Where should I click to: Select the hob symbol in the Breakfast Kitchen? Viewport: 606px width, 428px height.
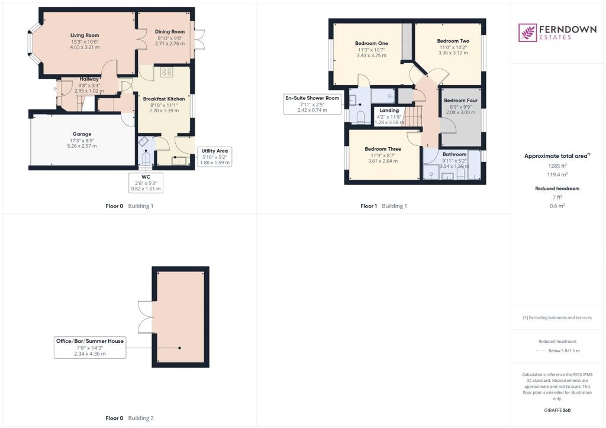tap(166, 73)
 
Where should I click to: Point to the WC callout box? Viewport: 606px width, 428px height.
tap(146, 182)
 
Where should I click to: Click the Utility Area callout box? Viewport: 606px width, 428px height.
tap(214, 156)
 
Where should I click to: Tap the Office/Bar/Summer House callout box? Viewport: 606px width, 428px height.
tap(90, 348)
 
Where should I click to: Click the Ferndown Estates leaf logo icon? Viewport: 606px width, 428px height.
tap(527, 33)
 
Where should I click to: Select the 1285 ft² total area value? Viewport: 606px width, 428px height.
tap(557, 166)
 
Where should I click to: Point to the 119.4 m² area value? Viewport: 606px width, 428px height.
tap(557, 175)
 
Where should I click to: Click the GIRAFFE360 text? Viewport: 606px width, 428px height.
tap(557, 410)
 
